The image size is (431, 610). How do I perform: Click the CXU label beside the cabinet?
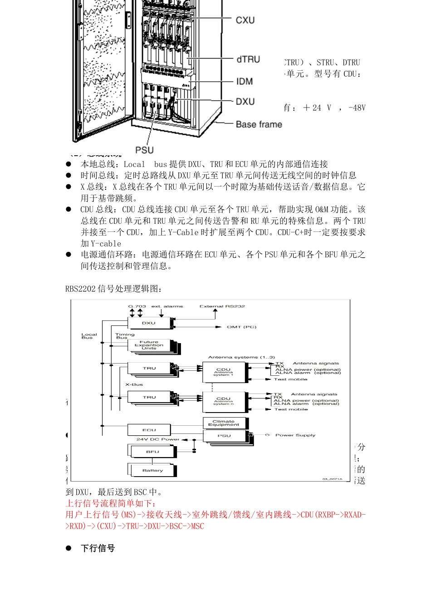click(245, 20)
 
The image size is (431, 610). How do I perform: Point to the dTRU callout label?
click(248, 59)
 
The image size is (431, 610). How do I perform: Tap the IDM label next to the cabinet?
click(244, 82)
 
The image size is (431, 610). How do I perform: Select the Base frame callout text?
click(259, 124)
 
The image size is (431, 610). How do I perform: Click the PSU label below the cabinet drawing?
click(144, 150)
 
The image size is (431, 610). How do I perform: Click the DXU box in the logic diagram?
click(149, 323)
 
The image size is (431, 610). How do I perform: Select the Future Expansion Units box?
click(149, 345)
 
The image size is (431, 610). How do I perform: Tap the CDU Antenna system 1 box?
click(224, 372)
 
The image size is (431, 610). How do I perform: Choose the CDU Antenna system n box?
click(224, 401)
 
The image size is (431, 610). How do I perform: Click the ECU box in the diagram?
click(149, 430)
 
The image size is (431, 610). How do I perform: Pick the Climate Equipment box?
click(224, 423)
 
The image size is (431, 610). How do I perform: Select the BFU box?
click(152, 452)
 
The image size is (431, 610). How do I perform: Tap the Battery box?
click(152, 470)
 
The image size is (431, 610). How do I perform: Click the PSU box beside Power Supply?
click(224, 436)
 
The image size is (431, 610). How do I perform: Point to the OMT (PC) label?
click(241, 327)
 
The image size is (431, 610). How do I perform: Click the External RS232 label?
click(222, 306)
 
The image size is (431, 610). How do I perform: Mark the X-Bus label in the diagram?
click(134, 384)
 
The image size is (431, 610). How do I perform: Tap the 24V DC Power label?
click(158, 439)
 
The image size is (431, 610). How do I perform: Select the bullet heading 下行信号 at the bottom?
click(98, 548)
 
